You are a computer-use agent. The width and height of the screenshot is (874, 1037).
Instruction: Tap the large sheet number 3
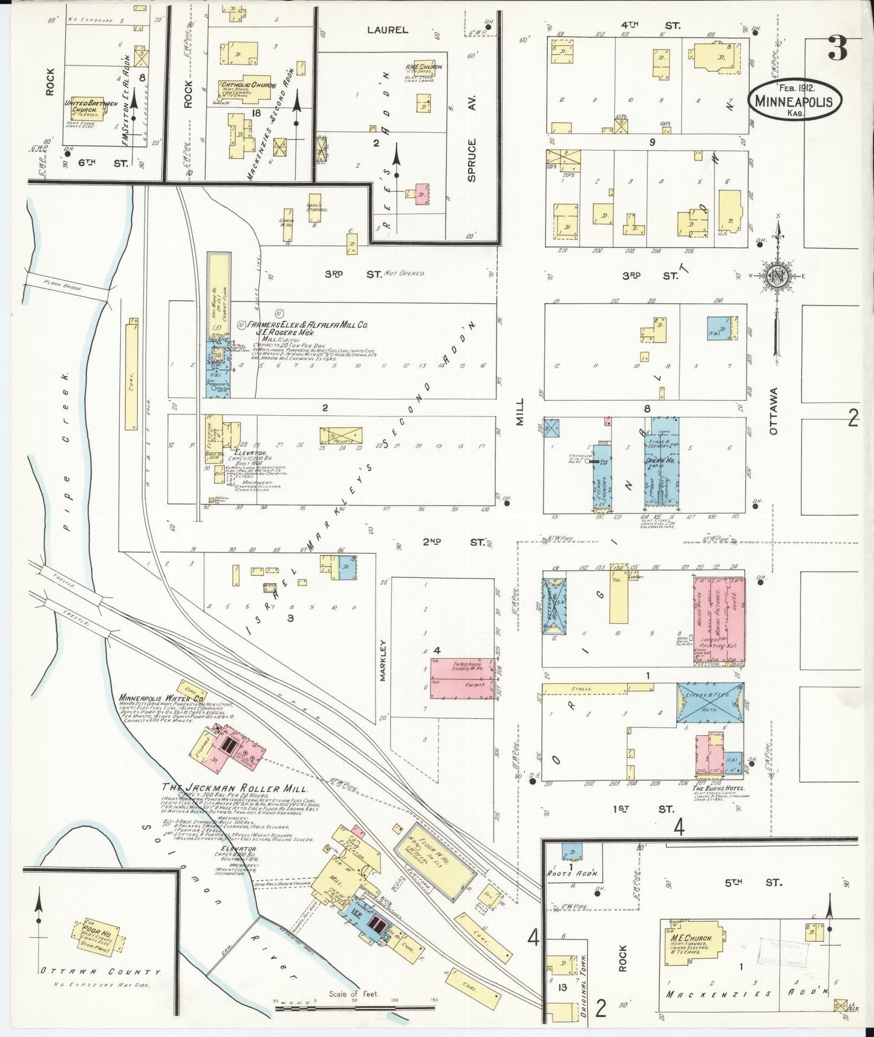coord(836,49)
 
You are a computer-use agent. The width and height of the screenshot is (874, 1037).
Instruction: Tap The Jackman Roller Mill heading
coord(235,789)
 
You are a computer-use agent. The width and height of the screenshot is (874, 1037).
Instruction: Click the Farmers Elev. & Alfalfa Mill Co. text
coord(312,325)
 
